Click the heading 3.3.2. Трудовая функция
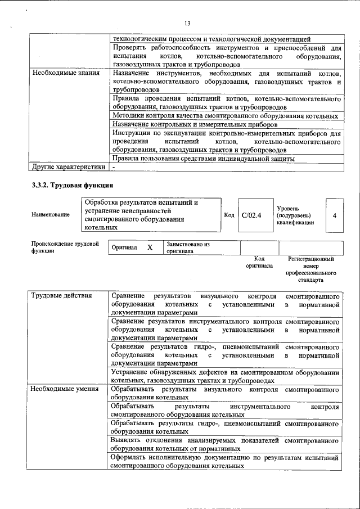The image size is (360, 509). click(73, 185)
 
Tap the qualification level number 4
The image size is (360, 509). click(334, 215)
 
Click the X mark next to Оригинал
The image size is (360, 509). click(150, 247)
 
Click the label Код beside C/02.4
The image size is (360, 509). click(229, 215)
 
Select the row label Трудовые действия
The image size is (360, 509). click(58, 296)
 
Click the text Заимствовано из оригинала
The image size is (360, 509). click(188, 248)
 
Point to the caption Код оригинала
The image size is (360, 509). click(259, 262)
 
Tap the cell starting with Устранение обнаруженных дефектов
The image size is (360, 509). click(225, 376)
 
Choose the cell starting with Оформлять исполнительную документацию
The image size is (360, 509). click(225, 462)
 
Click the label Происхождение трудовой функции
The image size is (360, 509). click(65, 247)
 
